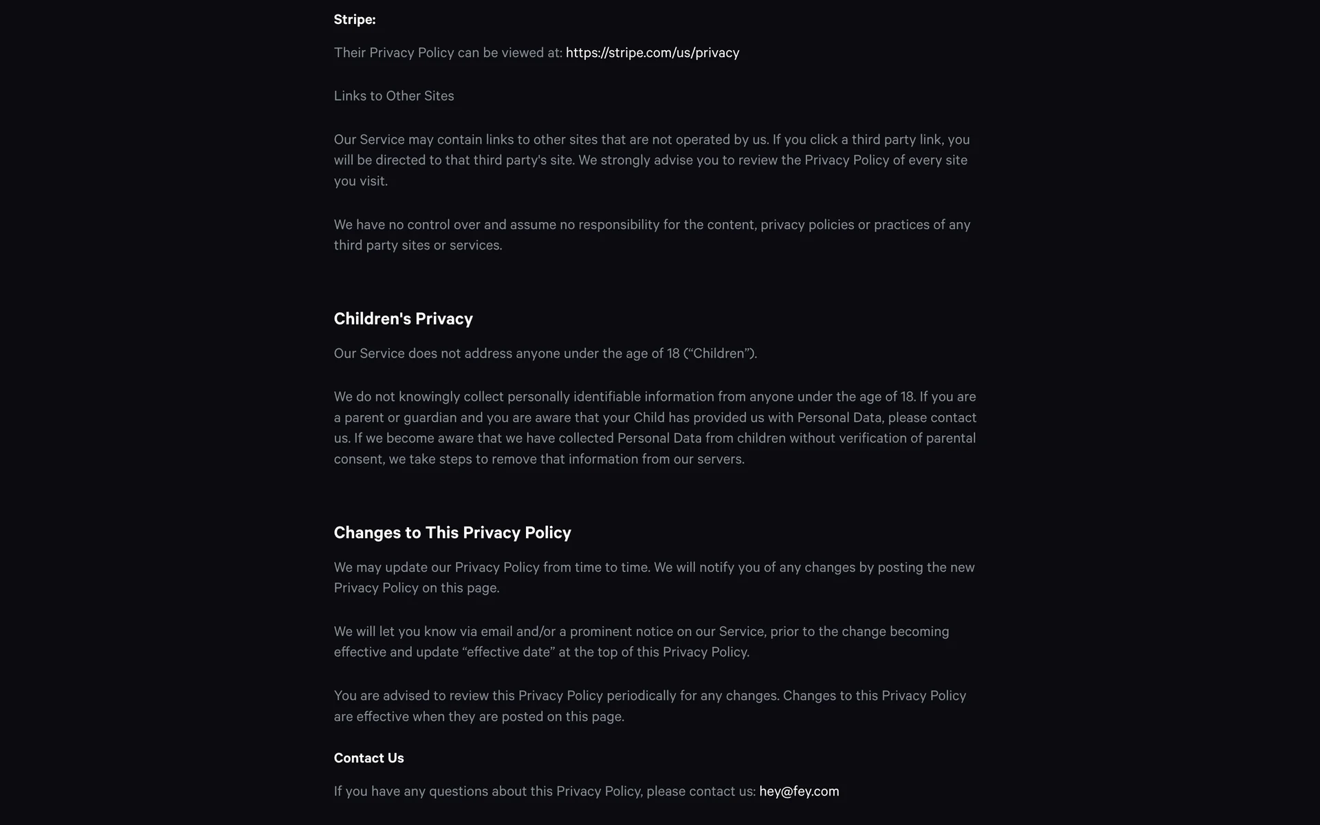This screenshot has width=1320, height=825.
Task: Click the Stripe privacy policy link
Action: coord(652,53)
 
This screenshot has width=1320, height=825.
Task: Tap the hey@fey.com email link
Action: coord(799,791)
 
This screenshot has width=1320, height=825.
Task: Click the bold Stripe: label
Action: coord(355,20)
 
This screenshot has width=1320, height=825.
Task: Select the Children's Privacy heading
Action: coord(403,319)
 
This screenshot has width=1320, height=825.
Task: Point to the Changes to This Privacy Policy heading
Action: coord(452,533)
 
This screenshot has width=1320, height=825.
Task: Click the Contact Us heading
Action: coord(368,758)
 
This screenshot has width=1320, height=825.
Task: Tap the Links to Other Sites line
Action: coord(394,96)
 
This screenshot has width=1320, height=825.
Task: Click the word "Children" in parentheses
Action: coord(718,353)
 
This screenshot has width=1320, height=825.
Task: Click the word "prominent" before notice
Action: coord(601,632)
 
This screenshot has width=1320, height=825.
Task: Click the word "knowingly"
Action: coord(429,397)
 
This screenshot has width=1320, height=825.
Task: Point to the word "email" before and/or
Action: coord(496,632)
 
